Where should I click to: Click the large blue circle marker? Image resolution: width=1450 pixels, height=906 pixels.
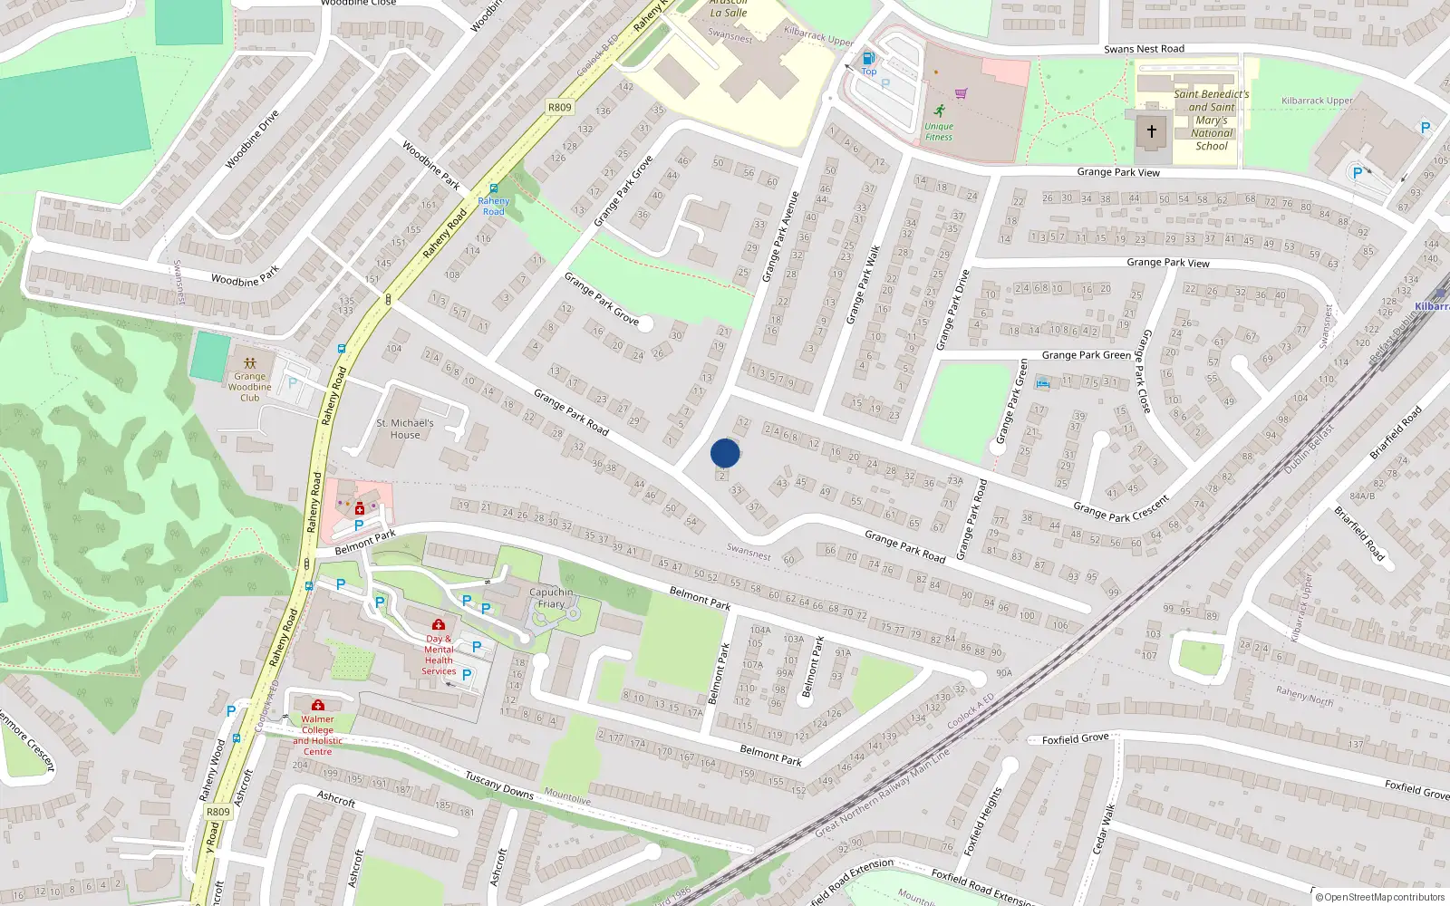725,453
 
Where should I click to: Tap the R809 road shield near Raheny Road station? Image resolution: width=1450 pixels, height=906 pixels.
560,107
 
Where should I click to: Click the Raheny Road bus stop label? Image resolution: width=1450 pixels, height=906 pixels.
493,206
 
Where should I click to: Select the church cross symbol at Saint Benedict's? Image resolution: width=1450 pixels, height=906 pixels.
1152,131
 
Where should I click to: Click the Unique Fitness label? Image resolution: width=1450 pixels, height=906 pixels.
939,131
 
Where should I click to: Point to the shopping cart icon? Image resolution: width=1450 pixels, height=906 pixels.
961,92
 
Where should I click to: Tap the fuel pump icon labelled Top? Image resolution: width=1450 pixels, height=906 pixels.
868,59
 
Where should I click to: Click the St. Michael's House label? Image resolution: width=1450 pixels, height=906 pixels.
405,429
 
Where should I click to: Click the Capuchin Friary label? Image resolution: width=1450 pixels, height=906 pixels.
551,598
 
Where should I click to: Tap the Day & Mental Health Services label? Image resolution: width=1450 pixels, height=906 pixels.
439,654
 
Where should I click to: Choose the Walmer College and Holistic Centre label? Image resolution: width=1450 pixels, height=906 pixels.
317,735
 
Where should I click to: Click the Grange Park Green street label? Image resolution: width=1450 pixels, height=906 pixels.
1086,355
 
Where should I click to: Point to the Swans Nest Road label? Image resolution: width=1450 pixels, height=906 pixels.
1144,49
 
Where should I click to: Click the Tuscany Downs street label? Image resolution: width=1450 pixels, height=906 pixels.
499,785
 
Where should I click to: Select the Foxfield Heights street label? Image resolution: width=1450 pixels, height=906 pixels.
982,821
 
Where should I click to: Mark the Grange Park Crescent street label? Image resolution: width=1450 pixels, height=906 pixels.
1121,507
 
